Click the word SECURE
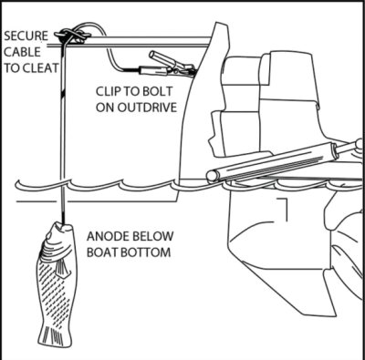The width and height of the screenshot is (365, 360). [x=26, y=36]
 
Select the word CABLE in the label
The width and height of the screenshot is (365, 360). [x=22, y=52]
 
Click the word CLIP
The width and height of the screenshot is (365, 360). [x=108, y=91]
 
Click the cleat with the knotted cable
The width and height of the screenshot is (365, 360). [x=72, y=35]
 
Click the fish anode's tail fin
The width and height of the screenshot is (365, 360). [x=56, y=335]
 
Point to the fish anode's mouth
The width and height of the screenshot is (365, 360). [x=62, y=226]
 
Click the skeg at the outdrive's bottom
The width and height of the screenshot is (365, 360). [x=330, y=292]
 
